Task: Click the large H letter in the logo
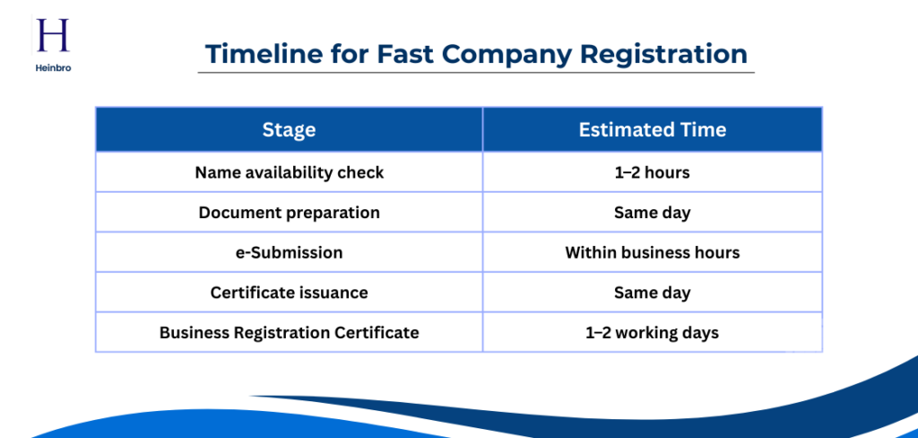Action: [x=51, y=37]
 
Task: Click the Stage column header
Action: [x=289, y=130]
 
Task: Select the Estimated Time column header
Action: [x=652, y=130]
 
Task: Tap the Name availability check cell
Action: [x=289, y=172]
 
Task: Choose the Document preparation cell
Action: [x=289, y=213]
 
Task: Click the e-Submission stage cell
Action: [x=289, y=252]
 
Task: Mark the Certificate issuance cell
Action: [x=289, y=293]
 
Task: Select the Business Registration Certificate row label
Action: [x=289, y=332]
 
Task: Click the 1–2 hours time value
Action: [x=652, y=172]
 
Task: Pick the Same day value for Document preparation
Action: [x=652, y=213]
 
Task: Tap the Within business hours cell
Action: [x=652, y=252]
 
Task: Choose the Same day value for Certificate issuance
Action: [x=652, y=293]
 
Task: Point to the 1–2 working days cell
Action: [x=652, y=332]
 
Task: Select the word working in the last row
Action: [x=647, y=332]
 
